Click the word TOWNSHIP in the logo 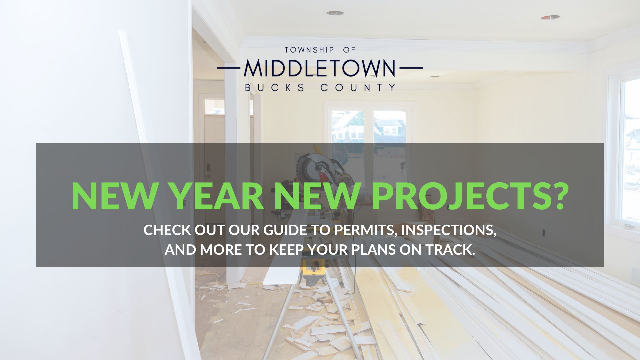pos(309,50)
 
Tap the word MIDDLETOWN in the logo pos(320,68)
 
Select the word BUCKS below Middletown pos(275,88)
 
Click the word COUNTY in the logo pos(358,88)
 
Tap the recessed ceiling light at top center pos(335,13)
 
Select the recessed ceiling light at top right pos(550,17)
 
